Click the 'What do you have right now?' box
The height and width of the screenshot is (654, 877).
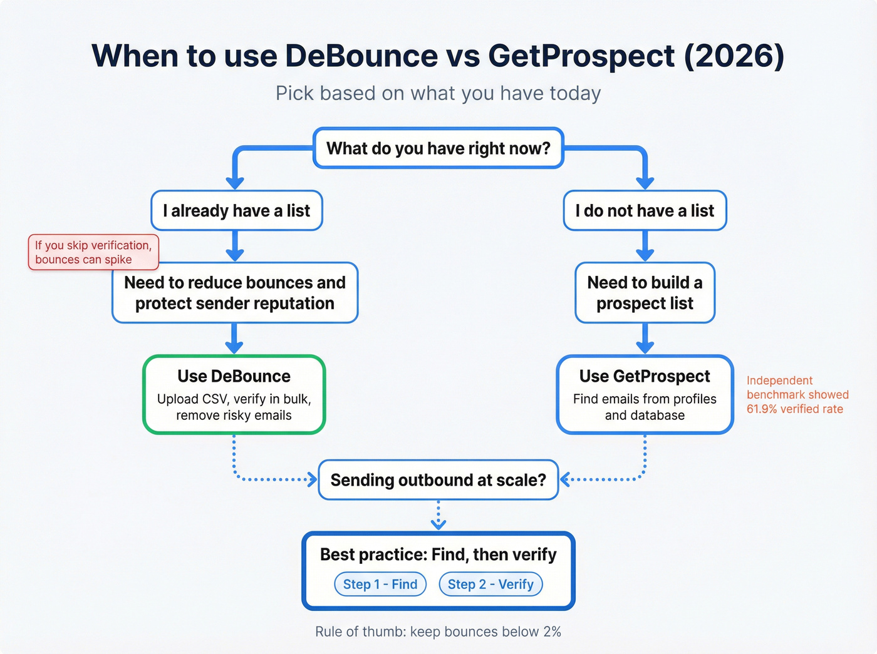pyautogui.click(x=438, y=148)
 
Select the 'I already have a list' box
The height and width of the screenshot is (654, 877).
pyautogui.click(x=236, y=211)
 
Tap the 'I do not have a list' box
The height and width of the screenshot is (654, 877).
pyautogui.click(x=645, y=211)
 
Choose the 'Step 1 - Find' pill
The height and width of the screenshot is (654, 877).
pyautogui.click(x=380, y=584)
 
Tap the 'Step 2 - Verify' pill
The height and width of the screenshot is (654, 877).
pyautogui.click(x=490, y=584)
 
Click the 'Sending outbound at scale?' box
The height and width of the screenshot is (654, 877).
pyautogui.click(x=438, y=480)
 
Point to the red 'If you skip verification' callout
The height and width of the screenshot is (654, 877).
pyautogui.click(x=93, y=252)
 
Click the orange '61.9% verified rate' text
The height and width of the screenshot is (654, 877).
pyautogui.click(x=795, y=409)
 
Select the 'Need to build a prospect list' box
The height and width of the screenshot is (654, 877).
pyautogui.click(x=645, y=292)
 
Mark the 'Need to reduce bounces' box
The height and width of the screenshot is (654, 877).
pyautogui.click(x=235, y=292)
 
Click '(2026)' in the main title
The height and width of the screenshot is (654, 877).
pyautogui.click(x=734, y=56)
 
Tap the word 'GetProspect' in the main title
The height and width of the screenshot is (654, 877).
pyautogui.click(x=581, y=56)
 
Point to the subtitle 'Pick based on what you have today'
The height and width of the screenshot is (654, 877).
pyautogui.click(x=438, y=93)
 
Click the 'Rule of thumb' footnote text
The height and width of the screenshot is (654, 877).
pyautogui.click(x=438, y=631)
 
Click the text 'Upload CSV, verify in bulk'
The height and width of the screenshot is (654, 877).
pyautogui.click(x=234, y=399)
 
